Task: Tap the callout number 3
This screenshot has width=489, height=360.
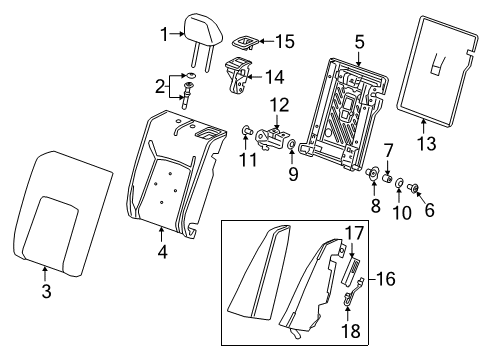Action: tap(45, 291)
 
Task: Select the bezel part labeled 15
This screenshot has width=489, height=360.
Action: tap(244, 41)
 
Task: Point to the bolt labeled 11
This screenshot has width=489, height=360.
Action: tap(246, 130)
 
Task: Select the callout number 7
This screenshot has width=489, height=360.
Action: tap(388, 150)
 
